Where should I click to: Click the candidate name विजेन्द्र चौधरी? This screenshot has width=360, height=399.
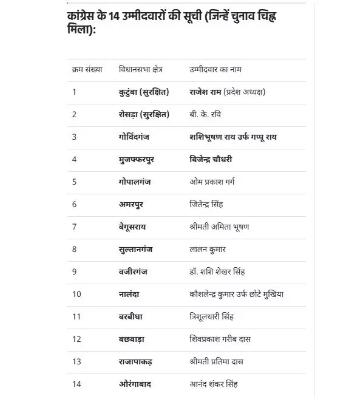point(211,159)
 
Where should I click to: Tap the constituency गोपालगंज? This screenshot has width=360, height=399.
point(137,182)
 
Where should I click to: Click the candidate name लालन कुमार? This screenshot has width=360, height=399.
point(208,249)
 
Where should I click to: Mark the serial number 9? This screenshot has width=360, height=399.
point(74,271)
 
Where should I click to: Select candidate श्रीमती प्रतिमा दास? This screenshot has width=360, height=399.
point(216,361)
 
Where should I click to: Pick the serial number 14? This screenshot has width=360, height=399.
point(76,384)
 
